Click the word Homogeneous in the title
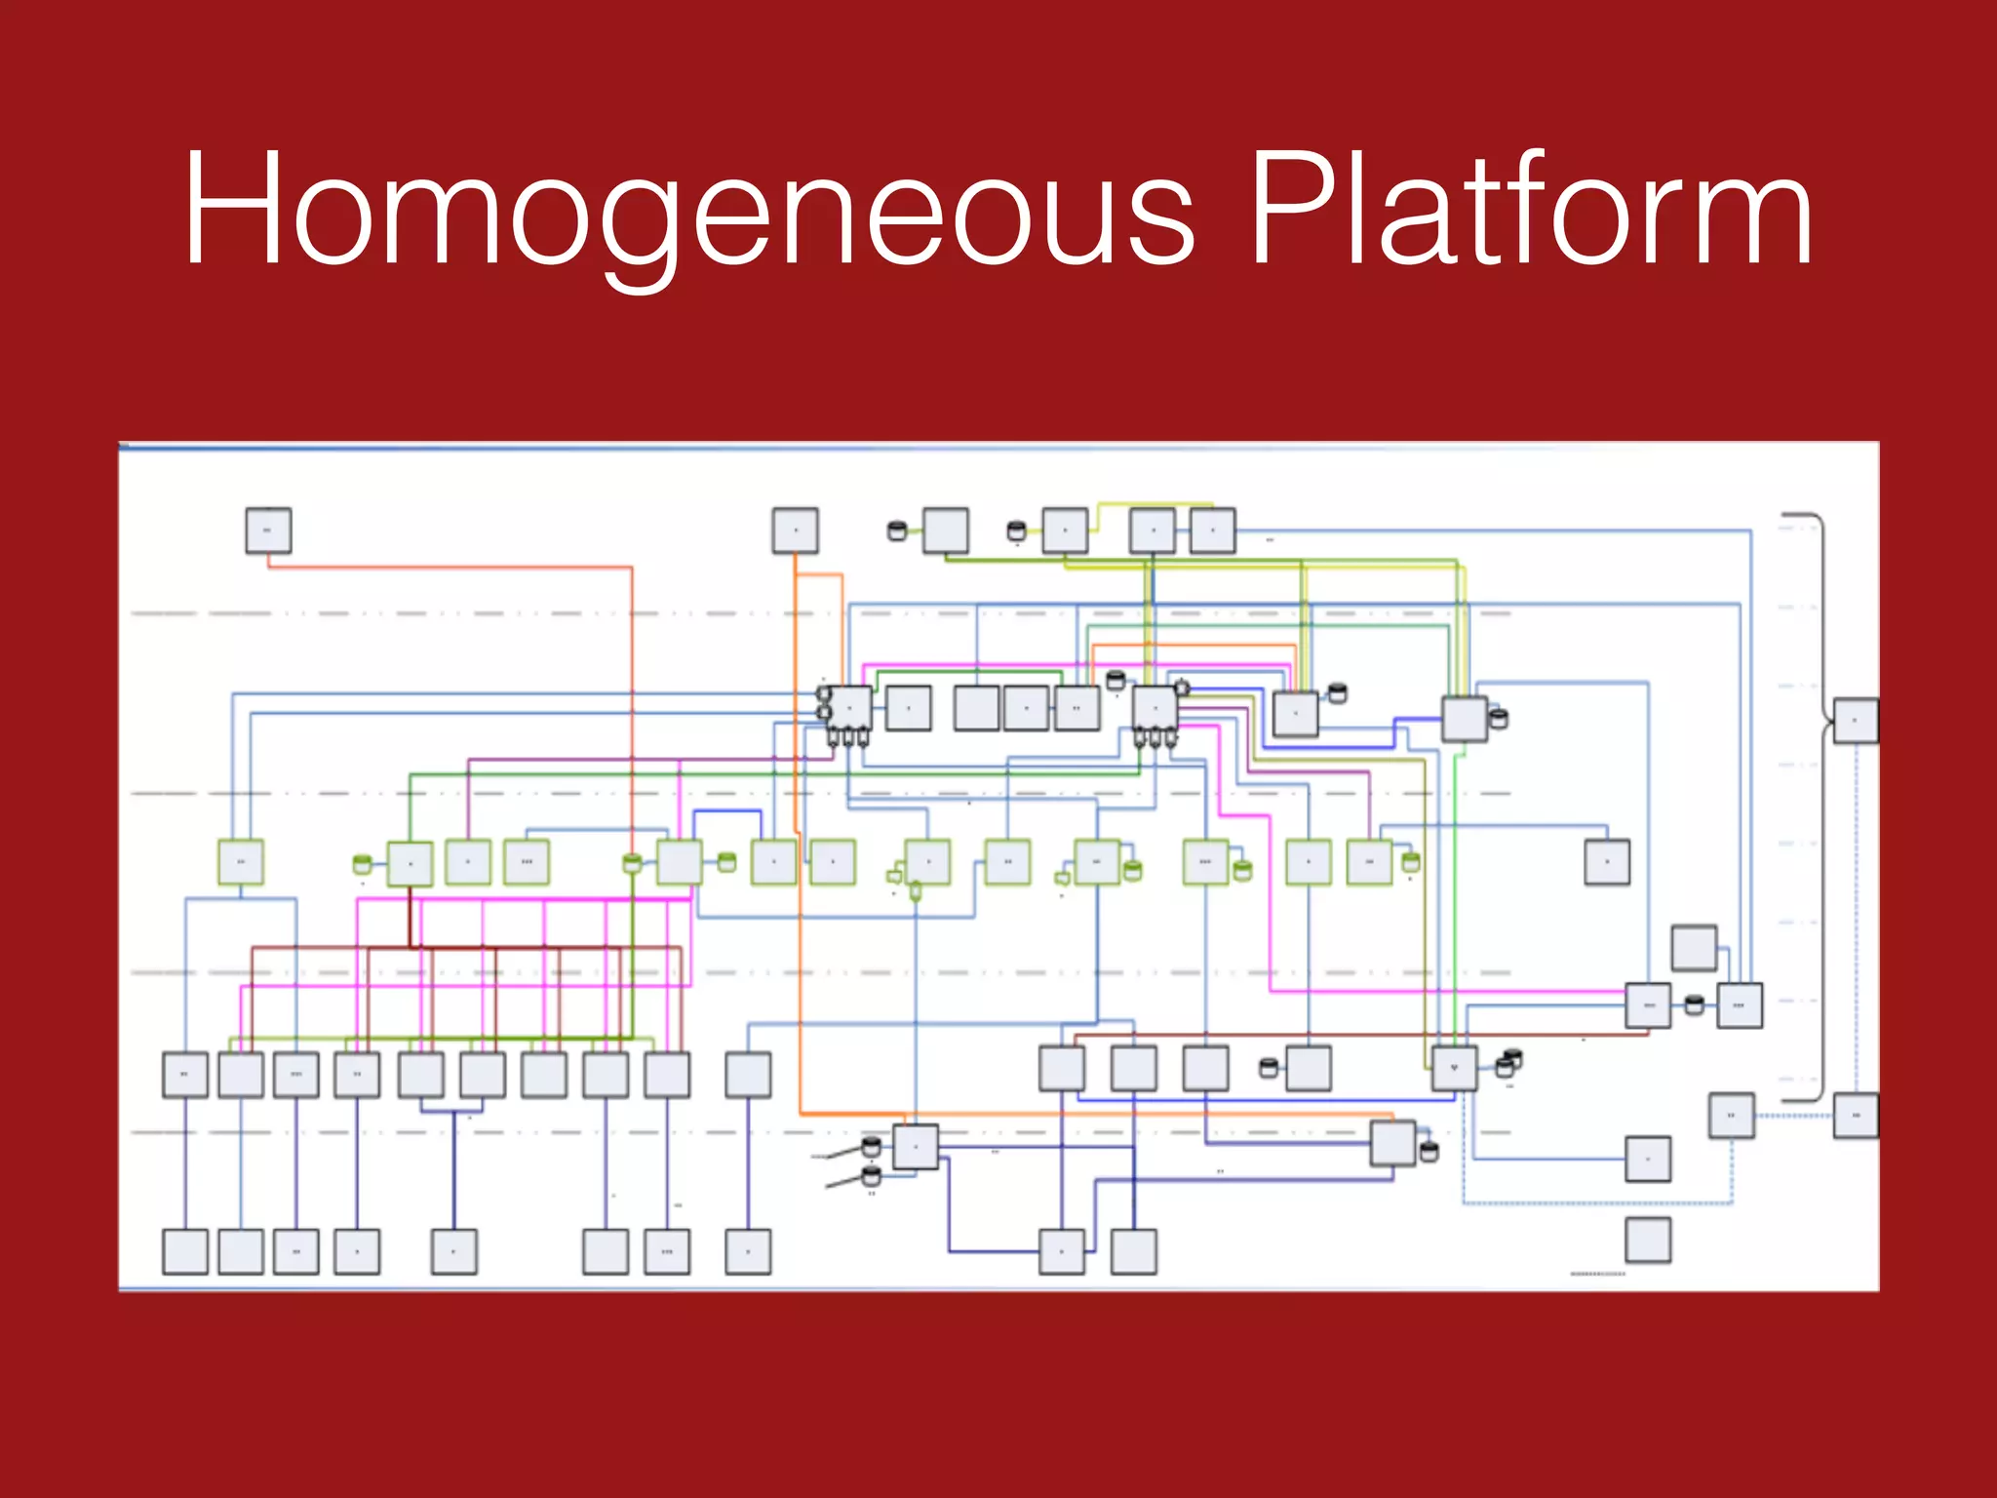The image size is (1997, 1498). click(687, 210)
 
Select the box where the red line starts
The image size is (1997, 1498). click(268, 531)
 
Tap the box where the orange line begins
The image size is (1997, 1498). click(795, 531)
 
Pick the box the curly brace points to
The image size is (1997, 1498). click(1855, 721)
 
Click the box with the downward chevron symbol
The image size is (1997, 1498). click(1454, 1068)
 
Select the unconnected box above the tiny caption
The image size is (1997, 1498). click(1648, 1240)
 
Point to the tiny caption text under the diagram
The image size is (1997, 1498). click(1597, 1274)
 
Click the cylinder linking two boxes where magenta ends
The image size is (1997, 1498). click(1694, 1005)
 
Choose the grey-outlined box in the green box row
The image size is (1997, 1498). click(1607, 862)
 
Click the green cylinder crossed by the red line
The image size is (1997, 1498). click(632, 863)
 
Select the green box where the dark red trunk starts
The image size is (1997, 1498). click(410, 863)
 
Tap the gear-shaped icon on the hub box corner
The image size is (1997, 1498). click(1181, 688)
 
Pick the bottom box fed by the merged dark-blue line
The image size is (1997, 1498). click(454, 1251)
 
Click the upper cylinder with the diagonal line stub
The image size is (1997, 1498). click(872, 1147)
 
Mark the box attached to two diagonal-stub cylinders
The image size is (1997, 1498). click(916, 1147)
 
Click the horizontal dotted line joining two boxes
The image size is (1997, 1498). click(1794, 1116)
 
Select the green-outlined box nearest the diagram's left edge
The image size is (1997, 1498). click(241, 862)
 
